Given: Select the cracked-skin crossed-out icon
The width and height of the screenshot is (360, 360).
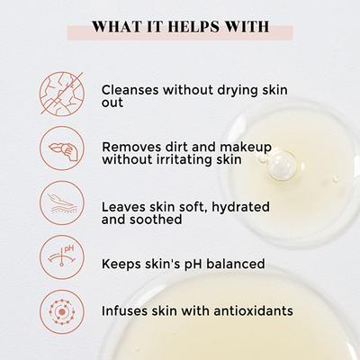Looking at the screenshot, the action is (62, 94).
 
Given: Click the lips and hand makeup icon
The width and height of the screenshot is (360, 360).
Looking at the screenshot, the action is (62, 148).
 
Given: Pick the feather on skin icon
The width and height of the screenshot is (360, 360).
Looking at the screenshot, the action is (62, 202).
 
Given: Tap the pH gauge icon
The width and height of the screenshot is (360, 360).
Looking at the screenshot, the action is (62, 257).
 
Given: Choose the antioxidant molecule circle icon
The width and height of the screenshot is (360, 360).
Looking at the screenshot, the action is (62, 312).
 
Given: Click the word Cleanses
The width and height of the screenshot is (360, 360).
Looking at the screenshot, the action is (130, 90).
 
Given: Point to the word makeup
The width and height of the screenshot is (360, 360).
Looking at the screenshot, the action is (246, 148).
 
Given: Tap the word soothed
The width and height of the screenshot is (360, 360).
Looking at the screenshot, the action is (156, 220).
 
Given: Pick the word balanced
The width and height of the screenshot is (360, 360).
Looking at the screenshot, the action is (236, 264).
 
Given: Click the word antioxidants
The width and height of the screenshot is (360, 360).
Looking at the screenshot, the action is (253, 310).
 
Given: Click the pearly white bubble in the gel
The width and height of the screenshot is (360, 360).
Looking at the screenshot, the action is (282, 164).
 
